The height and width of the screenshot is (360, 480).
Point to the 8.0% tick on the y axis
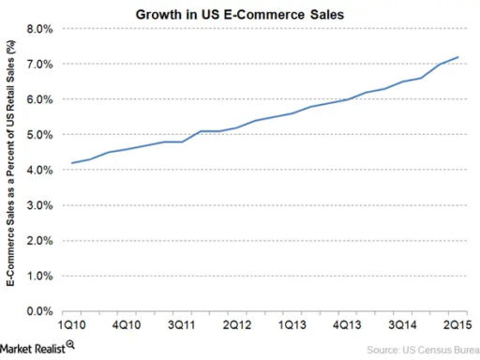[37, 28]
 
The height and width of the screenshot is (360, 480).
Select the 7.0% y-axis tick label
[37, 64]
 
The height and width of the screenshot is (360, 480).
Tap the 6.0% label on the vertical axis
[37, 99]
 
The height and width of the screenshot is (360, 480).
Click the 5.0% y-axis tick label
[37, 134]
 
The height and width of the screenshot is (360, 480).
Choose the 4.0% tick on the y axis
[37, 170]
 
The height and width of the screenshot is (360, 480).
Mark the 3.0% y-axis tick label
[37, 204]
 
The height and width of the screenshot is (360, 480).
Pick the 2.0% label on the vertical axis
[37, 240]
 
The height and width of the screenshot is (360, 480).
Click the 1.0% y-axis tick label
[37, 276]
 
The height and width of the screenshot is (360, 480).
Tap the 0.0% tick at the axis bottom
[37, 310]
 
